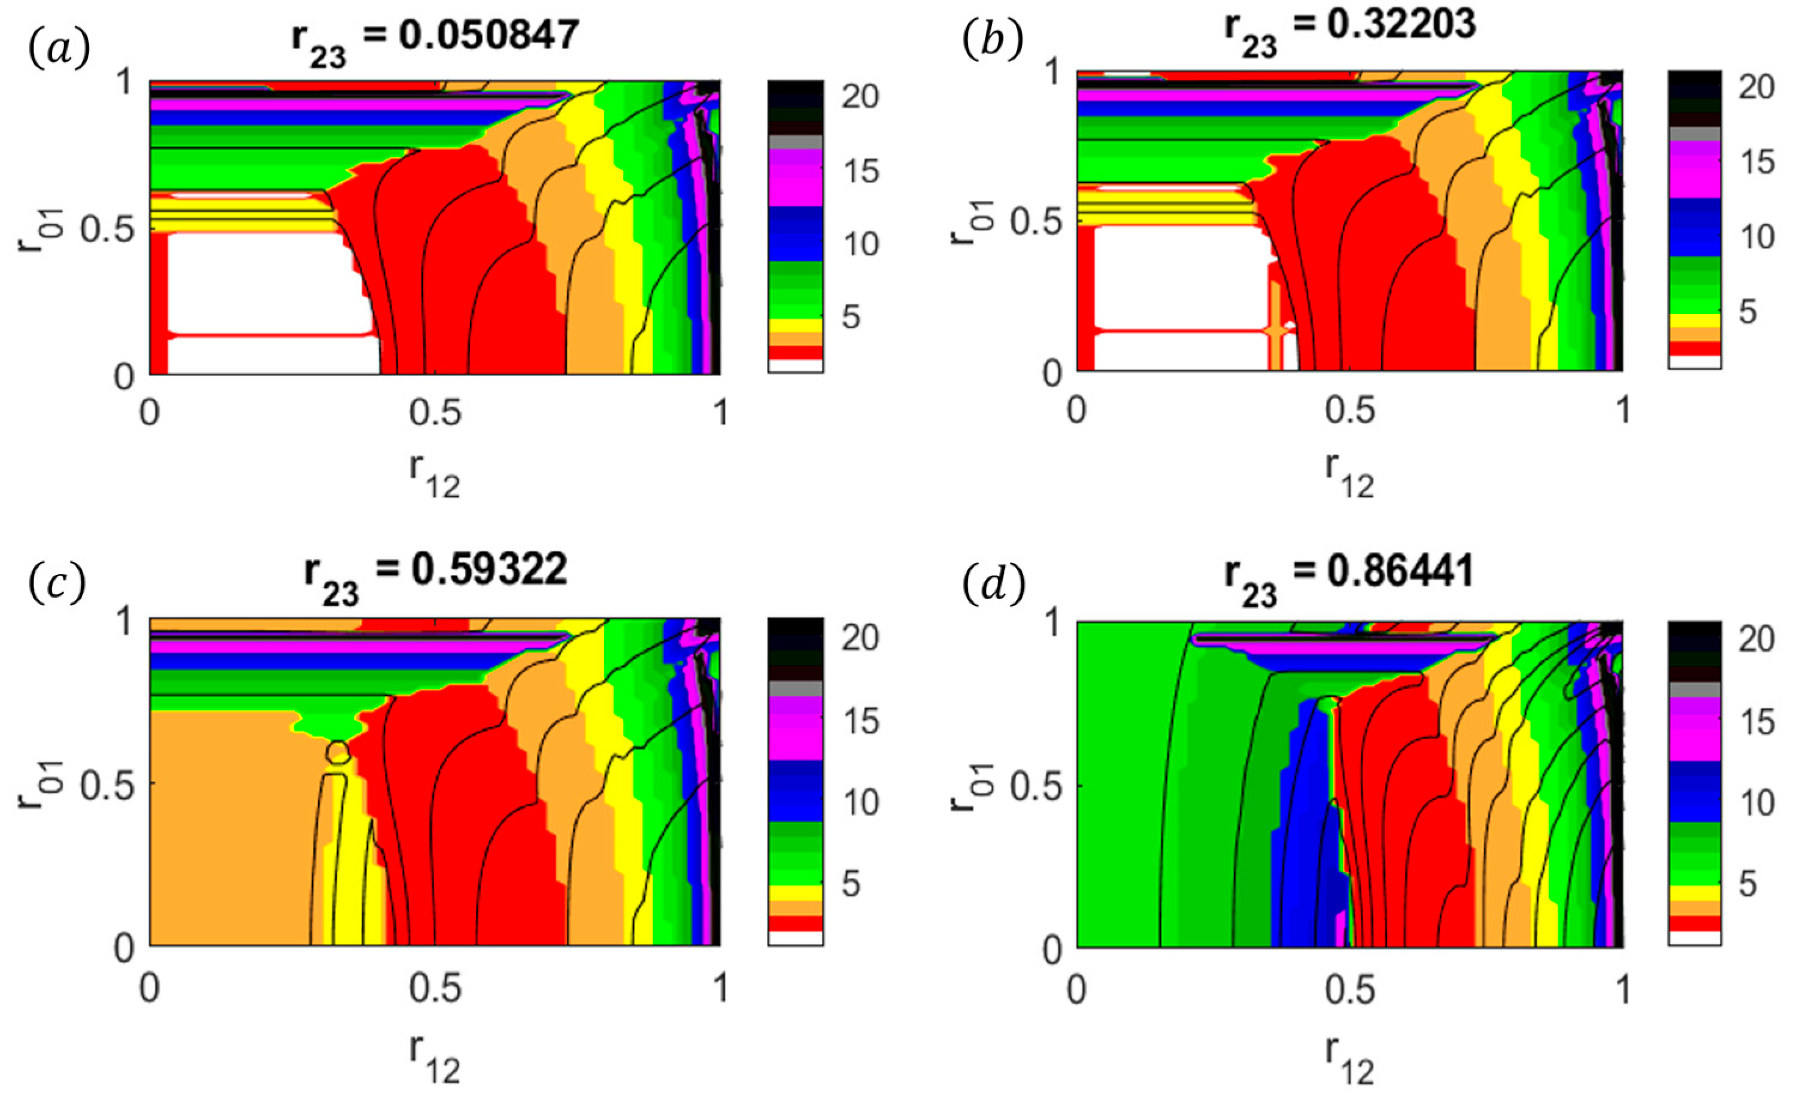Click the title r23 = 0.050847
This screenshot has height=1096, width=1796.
435,37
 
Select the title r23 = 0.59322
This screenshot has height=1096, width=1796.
435,573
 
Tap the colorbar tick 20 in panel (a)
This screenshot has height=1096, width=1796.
860,96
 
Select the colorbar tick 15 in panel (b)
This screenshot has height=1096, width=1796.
1756,161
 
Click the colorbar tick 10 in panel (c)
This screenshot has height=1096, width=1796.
860,802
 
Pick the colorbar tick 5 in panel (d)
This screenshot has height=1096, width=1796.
1747,885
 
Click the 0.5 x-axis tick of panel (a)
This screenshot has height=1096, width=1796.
435,413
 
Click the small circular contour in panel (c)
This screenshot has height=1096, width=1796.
338,751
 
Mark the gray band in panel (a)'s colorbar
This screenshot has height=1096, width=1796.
795,141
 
